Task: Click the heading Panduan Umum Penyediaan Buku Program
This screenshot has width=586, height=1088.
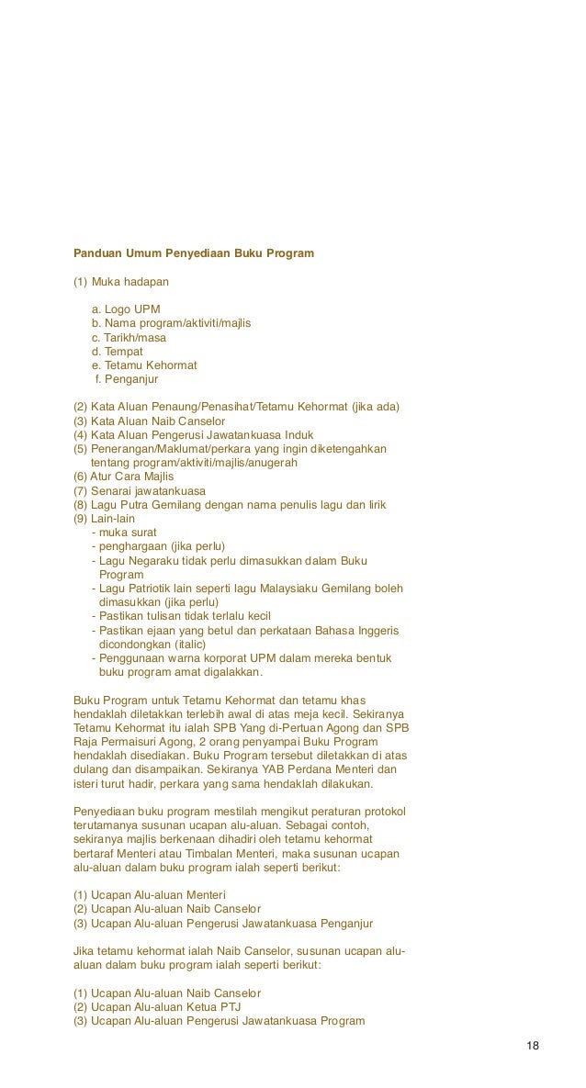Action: pos(193,252)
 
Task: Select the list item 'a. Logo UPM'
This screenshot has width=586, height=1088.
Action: pos(131,308)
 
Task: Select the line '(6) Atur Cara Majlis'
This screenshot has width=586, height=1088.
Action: pos(124,477)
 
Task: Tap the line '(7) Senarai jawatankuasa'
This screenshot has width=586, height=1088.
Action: pos(140,490)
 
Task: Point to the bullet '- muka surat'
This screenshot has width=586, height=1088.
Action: pos(125,533)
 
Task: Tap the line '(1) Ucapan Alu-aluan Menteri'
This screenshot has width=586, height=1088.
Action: pos(150,894)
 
